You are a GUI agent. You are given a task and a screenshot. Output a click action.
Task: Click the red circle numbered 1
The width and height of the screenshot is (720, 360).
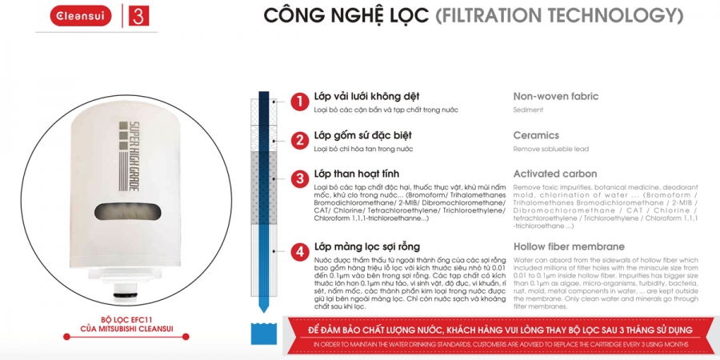[298, 102]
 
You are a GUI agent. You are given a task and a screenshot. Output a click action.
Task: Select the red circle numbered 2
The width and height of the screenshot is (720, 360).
[298, 141]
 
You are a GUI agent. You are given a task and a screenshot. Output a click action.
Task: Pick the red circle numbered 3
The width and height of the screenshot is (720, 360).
[298, 178]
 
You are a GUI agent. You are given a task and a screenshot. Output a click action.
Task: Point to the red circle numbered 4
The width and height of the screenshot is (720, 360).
[298, 252]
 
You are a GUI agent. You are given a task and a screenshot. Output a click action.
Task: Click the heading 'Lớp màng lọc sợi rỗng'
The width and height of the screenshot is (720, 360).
[366, 246]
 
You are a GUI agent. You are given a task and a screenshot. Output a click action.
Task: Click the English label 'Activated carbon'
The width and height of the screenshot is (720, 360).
[554, 174]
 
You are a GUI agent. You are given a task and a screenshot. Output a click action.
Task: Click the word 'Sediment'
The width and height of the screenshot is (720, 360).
[527, 110]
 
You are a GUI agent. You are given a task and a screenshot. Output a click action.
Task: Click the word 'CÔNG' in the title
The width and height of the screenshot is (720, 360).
[290, 15]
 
